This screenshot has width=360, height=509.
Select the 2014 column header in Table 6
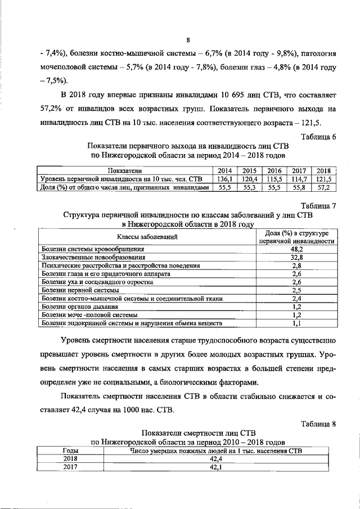click(x=226, y=170)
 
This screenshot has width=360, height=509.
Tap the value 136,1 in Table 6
click(x=226, y=178)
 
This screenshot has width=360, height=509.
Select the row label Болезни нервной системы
click(x=80, y=290)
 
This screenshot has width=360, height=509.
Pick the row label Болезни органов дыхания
click(x=80, y=307)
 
